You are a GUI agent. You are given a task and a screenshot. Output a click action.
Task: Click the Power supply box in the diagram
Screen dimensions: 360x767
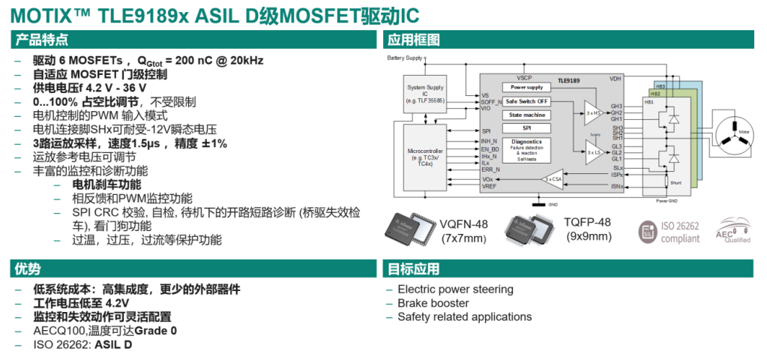(x=526, y=87)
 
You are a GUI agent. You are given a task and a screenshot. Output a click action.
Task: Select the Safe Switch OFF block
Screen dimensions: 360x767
(x=526, y=101)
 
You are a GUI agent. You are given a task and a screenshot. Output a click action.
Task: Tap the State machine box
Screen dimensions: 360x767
(x=526, y=115)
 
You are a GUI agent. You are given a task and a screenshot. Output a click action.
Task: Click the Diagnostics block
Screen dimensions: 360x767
(x=526, y=147)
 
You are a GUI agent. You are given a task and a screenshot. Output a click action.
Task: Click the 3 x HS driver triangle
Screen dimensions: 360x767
(x=593, y=112)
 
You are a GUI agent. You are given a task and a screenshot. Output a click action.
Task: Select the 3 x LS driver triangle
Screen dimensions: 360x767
(x=593, y=152)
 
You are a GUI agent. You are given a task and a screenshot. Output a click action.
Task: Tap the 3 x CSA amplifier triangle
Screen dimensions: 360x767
(x=552, y=179)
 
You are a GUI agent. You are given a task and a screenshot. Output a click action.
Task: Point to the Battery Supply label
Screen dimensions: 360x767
(x=406, y=58)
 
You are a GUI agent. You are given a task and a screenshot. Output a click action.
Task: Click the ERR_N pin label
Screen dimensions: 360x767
(x=490, y=169)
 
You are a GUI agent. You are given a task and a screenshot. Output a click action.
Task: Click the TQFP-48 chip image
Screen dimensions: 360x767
(x=532, y=229)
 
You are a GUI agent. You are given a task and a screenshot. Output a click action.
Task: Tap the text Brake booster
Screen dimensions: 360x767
(x=433, y=303)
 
